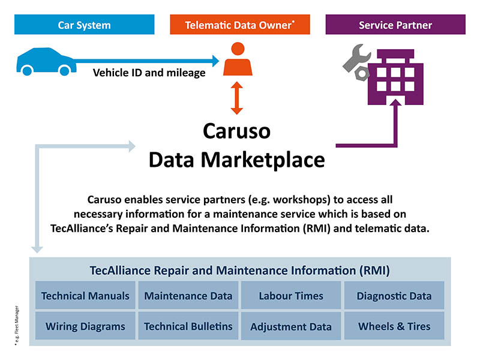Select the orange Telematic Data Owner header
pos(239,25)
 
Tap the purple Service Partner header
pos(395,25)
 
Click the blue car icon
pos(45,59)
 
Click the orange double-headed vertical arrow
pos(238,98)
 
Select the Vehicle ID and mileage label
pos(149,74)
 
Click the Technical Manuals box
pos(85,295)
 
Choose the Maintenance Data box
pos(188,295)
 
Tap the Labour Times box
pos(291,295)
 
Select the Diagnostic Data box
pos(394,295)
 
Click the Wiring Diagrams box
pos(85,326)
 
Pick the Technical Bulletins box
pos(188,326)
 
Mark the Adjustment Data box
pos(291,326)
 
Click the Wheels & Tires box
pos(394,326)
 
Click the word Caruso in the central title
pos(237,132)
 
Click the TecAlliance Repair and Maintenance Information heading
pos(239,270)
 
